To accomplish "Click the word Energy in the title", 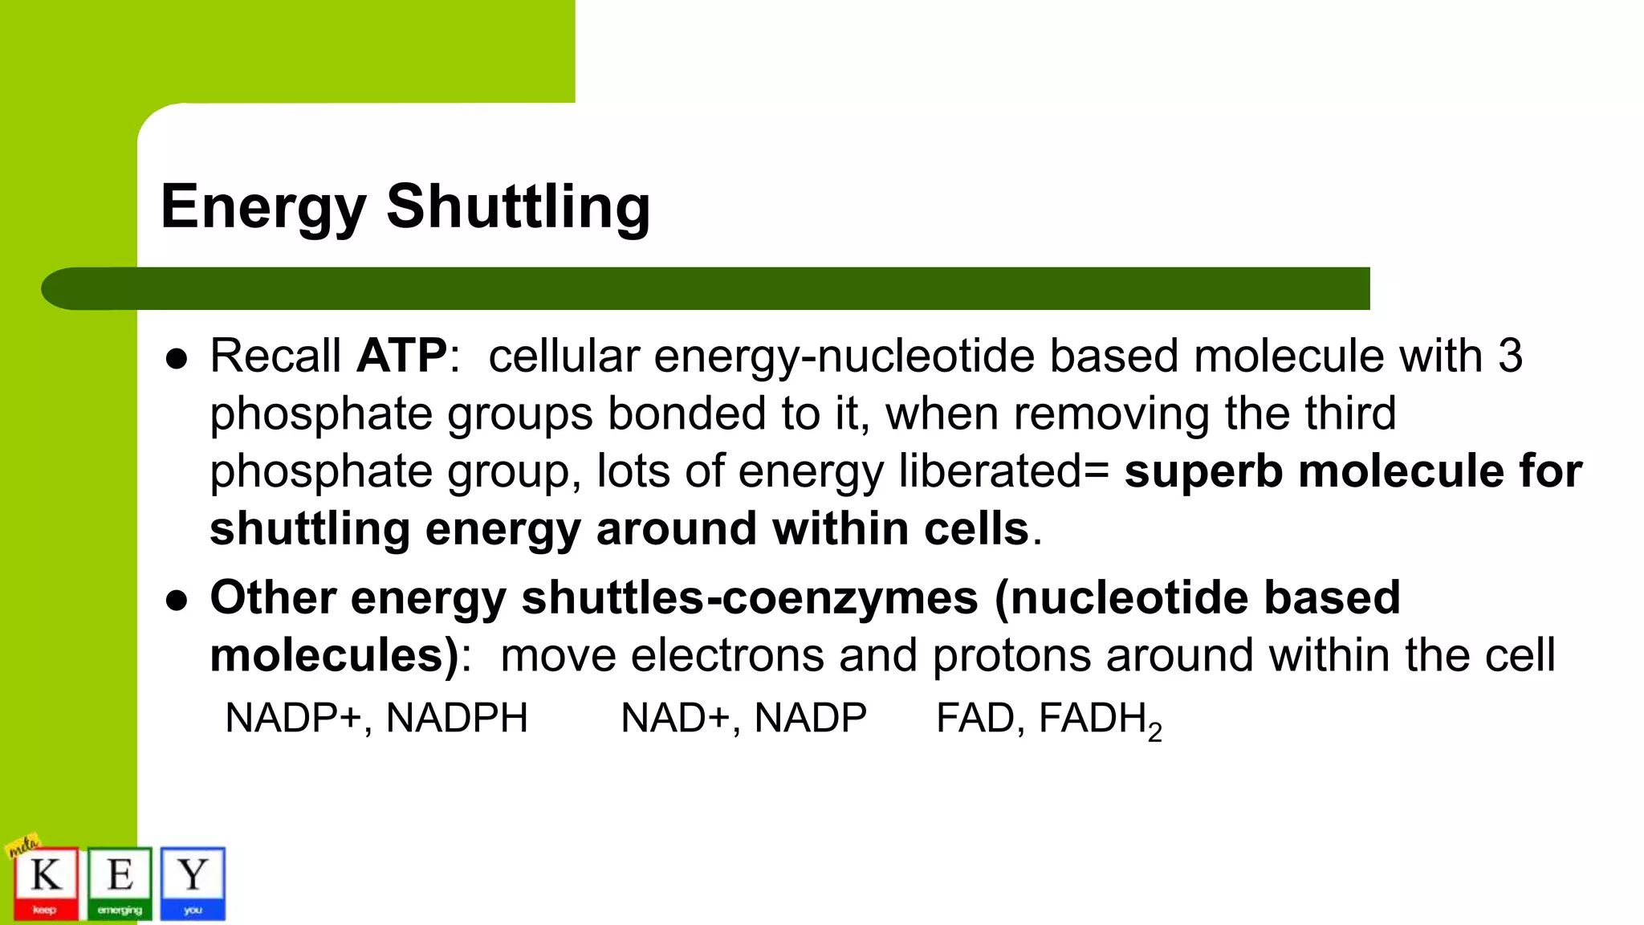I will (263, 207).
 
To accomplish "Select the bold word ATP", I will (401, 355).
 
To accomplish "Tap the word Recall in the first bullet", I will (275, 355).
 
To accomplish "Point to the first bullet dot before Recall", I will (177, 358).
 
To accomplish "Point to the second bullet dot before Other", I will (177, 601).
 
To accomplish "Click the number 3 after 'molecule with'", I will (1510, 355).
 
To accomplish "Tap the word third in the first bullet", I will (1350, 413).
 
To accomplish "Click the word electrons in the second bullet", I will (727, 655).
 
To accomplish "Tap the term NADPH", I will (457, 718).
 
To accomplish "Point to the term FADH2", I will (1100, 719).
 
